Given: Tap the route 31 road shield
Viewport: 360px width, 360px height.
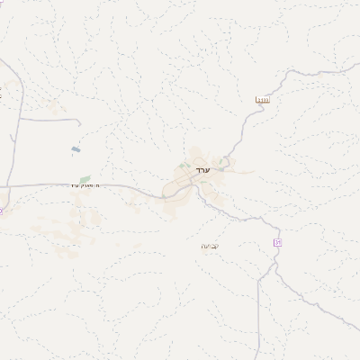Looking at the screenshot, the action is tap(278, 243).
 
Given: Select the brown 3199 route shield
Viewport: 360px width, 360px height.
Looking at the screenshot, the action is tap(263, 100).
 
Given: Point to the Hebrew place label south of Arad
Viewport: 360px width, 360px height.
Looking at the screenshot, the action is tap(209, 245).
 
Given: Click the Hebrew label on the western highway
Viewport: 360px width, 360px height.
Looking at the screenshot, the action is tap(86, 185).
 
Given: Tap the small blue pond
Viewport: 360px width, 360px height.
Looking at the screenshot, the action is tap(74, 149).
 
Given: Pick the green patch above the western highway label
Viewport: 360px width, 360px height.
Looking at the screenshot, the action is tap(85, 178).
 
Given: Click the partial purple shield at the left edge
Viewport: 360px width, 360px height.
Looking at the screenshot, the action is tap(2, 211).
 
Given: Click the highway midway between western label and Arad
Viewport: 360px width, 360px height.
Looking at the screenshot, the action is tap(135, 190).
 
